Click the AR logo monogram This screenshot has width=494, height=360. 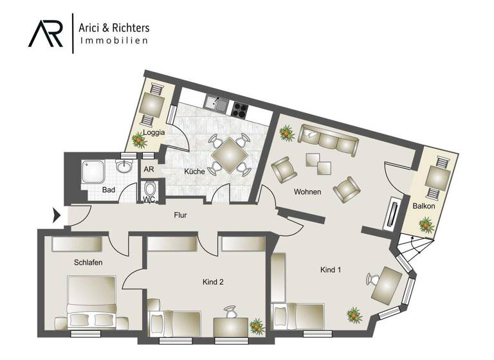click(46, 32)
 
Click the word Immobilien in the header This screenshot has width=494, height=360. click(114, 40)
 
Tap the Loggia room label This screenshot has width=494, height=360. click(154, 133)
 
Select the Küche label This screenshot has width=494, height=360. click(194, 172)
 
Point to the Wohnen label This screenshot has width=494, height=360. click(307, 192)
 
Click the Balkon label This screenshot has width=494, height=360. click(425, 206)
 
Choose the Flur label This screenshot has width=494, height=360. click(181, 215)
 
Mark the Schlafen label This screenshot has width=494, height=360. click(87, 262)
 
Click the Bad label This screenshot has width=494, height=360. click(108, 190)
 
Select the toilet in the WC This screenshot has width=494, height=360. click(150, 190)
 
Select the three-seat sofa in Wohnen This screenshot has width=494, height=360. click(327, 141)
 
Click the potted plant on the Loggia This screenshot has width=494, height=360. click(138, 139)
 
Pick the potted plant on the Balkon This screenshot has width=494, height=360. click(425, 224)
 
